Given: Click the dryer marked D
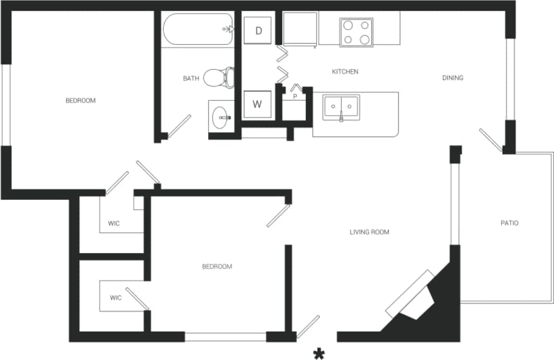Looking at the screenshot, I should [x=258, y=31].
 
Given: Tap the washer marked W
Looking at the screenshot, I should [x=257, y=104].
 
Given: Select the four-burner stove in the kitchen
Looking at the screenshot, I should [x=356, y=32].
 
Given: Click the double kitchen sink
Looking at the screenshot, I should [x=341, y=108].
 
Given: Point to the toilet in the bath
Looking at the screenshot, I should [x=219, y=77].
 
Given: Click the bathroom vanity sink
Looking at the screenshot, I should [x=221, y=117].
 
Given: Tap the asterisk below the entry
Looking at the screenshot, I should [x=317, y=353].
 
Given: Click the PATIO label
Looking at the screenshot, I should [x=509, y=223].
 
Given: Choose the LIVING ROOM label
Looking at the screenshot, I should [x=369, y=232].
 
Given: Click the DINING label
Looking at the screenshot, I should [x=453, y=78].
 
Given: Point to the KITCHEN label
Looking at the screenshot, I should [x=345, y=72].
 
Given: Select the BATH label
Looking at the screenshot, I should [x=191, y=78].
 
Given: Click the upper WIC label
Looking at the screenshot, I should [x=113, y=223].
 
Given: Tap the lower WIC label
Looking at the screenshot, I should [x=115, y=297].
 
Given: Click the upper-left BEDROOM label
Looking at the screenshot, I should [x=81, y=100].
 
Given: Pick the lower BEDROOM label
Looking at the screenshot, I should [x=217, y=267].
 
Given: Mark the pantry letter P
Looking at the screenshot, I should [x=295, y=97].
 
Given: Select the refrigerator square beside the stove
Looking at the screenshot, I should [x=299, y=29].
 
